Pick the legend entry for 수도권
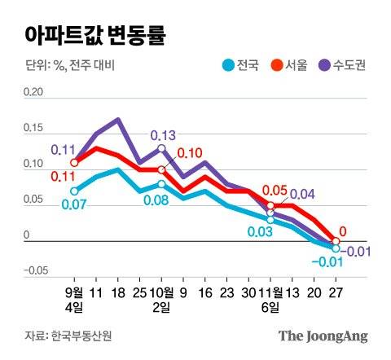(x=342, y=66)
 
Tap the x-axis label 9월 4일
(x=74, y=299)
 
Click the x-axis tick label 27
(x=336, y=292)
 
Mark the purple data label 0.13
(x=162, y=135)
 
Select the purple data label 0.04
(x=302, y=194)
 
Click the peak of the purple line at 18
(x=118, y=120)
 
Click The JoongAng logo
(x=323, y=336)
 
